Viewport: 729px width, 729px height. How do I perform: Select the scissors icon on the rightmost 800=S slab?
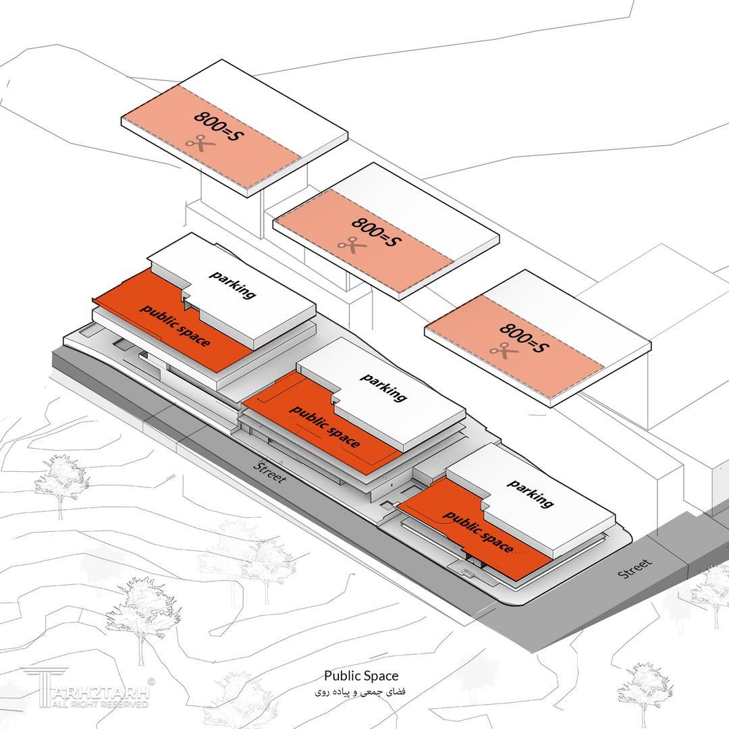pos(503,350)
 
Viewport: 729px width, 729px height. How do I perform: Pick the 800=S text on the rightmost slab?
pos(525,337)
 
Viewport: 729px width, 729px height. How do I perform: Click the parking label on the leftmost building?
pos(232,284)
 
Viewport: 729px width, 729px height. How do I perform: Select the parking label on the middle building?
pos(383,387)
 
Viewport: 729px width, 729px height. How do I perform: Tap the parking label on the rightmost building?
pos(531,493)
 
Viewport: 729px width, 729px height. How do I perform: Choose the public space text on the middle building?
pos(325,427)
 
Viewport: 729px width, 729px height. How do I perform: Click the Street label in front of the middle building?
pos(269,473)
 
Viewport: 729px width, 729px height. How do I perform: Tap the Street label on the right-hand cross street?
pos(635,568)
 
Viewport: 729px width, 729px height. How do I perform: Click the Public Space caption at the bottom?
pos(361,676)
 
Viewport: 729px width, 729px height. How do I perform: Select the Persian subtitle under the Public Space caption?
pos(361,692)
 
